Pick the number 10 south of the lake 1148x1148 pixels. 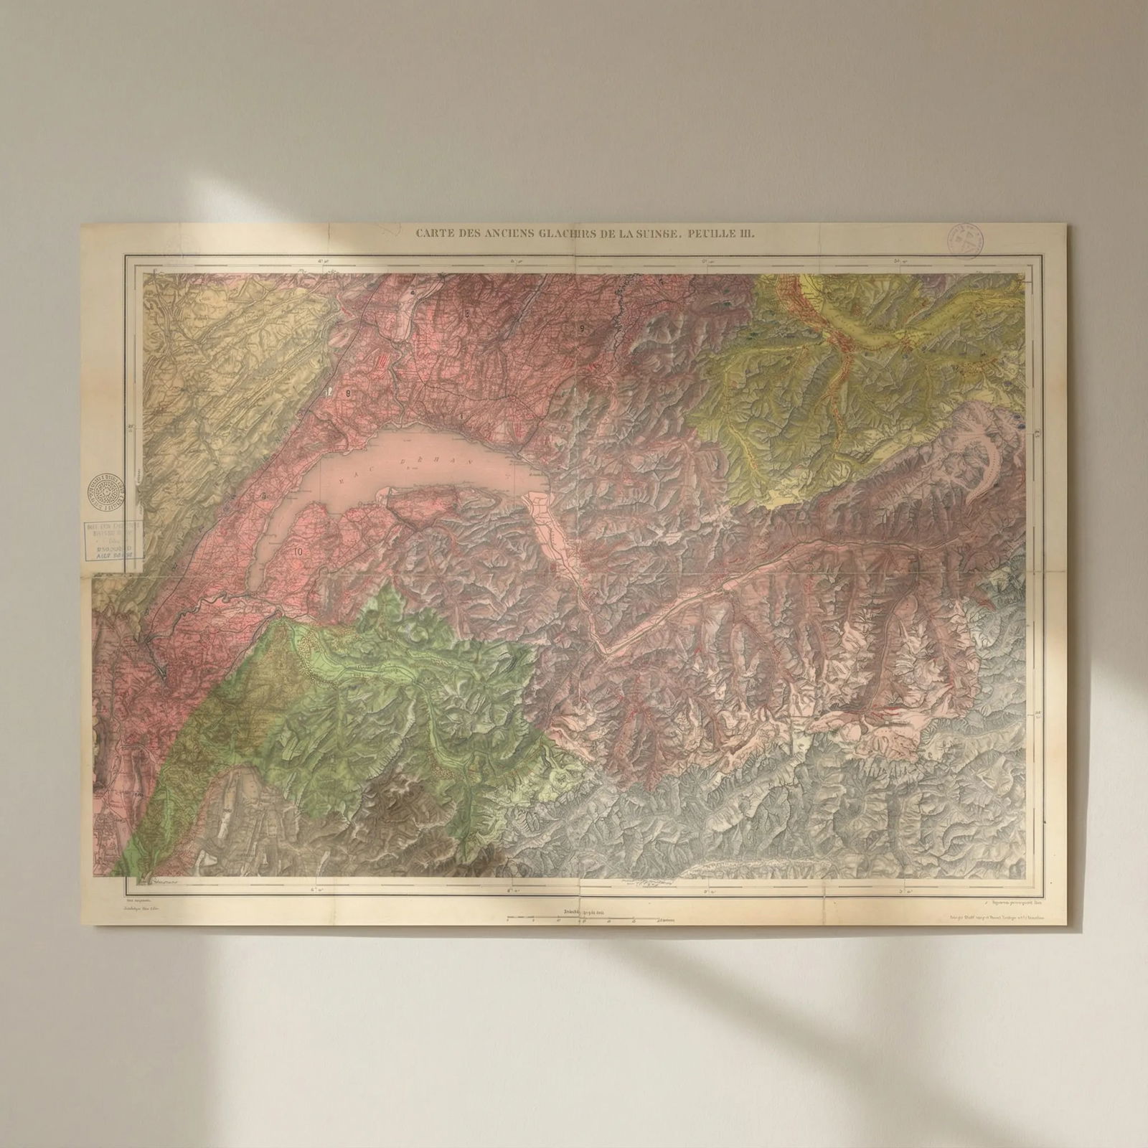point(298,552)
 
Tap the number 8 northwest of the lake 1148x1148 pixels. point(349,393)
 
